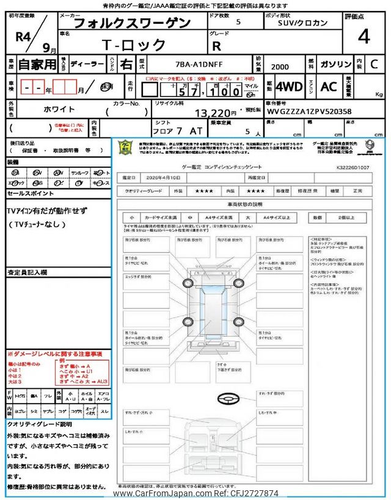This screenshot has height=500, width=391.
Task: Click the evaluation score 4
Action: click(364, 37)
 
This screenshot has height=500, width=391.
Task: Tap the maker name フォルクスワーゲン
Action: click(131, 23)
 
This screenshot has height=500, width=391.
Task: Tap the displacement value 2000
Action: click(280, 67)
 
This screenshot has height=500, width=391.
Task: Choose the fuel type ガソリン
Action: click(335, 64)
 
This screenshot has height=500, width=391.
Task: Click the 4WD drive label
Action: click(289, 87)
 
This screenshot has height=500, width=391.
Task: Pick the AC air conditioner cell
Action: click(328, 87)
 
